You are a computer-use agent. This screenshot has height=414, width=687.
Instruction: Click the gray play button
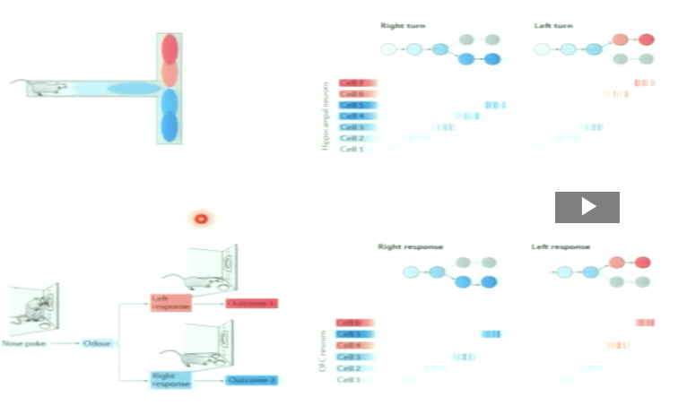point(587,207)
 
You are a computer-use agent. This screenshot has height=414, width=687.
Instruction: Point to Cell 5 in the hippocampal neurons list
point(356,105)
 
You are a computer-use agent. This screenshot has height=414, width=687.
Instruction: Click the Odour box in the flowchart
point(96,343)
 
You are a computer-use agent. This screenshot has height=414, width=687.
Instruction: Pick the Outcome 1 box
point(251,304)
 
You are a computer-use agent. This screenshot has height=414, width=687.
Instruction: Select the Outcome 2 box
point(251,380)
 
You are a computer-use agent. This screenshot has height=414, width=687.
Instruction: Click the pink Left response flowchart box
point(170,304)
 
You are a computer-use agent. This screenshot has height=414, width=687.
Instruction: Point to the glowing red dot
point(201,218)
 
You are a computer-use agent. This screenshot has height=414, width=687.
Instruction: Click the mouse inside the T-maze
point(47,88)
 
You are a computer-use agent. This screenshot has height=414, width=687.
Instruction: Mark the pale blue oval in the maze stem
point(133,88)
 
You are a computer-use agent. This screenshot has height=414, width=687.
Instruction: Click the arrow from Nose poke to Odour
point(61,343)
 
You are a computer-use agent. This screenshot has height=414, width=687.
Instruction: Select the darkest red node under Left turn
point(646,40)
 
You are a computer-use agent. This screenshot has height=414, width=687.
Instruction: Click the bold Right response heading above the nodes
point(411,246)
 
